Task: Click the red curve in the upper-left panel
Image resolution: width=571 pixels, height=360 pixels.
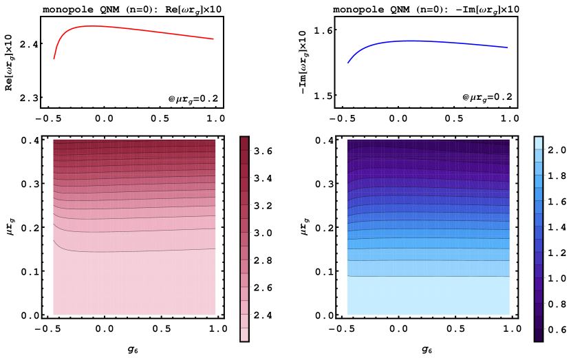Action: click(138, 30)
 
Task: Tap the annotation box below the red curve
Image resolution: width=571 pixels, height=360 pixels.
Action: click(193, 99)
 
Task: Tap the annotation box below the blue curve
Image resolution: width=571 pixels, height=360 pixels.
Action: click(487, 98)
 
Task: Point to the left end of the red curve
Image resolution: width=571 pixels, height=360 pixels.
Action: click(54, 59)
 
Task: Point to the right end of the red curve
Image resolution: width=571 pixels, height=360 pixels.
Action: click(213, 39)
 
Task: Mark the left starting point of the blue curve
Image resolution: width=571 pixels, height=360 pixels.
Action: click(348, 63)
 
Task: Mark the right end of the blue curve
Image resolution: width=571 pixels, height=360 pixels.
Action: click(507, 47)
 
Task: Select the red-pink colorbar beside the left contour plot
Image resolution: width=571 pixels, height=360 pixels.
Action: click(244, 238)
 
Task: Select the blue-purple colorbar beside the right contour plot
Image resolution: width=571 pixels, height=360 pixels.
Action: click(538, 238)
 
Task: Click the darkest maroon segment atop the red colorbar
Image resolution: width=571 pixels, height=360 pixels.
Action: click(244, 143)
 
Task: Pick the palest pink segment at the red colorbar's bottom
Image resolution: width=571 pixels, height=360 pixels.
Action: click(244, 335)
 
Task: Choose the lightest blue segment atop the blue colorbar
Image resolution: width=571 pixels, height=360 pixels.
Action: click(538, 142)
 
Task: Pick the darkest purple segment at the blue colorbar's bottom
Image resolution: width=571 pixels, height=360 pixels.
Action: click(538, 335)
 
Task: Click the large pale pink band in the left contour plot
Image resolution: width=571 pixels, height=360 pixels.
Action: click(134, 282)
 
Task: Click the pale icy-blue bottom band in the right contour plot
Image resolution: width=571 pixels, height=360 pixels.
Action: click(428, 296)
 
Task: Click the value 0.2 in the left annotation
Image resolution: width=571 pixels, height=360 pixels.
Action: click(209, 99)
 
